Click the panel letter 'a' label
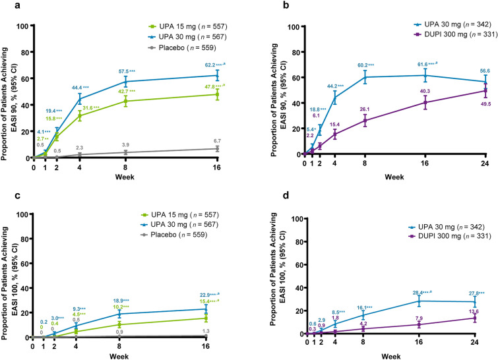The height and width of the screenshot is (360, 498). tap(6, 5)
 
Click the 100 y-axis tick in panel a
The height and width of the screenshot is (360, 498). tap(19, 26)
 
